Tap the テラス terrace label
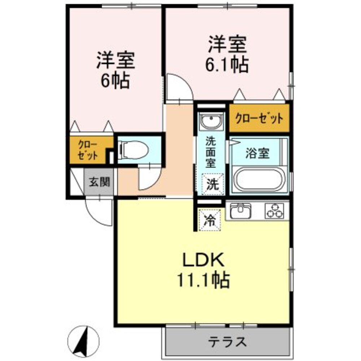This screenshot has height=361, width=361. point(228,341)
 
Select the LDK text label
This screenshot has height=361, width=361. point(203,260)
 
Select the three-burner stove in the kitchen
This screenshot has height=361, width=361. point(275,210)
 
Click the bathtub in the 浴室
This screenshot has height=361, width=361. point(260,179)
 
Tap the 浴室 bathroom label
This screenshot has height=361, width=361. point(257,153)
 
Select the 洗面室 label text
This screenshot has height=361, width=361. point(210,152)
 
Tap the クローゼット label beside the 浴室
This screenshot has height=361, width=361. point(259,118)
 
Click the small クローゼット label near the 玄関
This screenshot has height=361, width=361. point(88,150)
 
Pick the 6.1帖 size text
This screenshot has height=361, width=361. point(228,65)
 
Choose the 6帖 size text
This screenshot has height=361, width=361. point(116,82)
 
